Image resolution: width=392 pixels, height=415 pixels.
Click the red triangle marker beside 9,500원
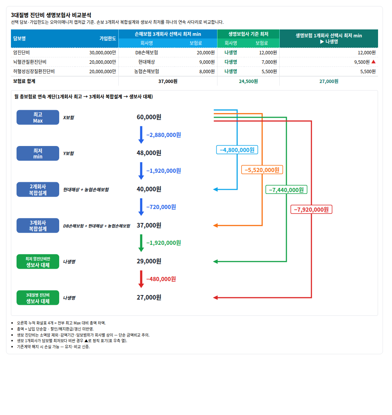374,62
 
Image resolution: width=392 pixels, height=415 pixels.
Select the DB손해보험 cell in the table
147,53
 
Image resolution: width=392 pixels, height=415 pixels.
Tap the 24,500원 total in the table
248,81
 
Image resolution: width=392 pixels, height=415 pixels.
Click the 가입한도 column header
108,38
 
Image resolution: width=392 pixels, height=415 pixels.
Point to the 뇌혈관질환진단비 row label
30,62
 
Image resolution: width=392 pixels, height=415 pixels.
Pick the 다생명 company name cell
231,62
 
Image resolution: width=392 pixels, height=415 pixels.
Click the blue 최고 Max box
38,117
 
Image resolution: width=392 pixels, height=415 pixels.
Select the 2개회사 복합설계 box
38,189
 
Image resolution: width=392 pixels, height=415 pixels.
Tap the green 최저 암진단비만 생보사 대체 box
38,262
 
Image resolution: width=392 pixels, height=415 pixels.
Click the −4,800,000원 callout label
237,150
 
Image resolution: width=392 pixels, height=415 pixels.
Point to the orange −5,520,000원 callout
262,170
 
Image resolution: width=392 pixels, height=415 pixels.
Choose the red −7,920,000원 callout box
311,209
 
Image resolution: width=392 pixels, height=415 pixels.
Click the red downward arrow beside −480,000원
141,279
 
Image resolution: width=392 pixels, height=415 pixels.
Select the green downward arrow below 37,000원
141,243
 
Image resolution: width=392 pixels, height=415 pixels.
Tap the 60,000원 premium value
149,117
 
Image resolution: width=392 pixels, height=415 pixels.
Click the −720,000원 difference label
161,207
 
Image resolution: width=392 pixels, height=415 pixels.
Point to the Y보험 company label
69,154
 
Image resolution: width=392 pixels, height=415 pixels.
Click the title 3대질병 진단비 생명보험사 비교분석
51,15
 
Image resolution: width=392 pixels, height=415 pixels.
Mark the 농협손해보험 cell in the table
147,71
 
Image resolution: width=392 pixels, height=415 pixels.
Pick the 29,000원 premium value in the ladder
149,261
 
